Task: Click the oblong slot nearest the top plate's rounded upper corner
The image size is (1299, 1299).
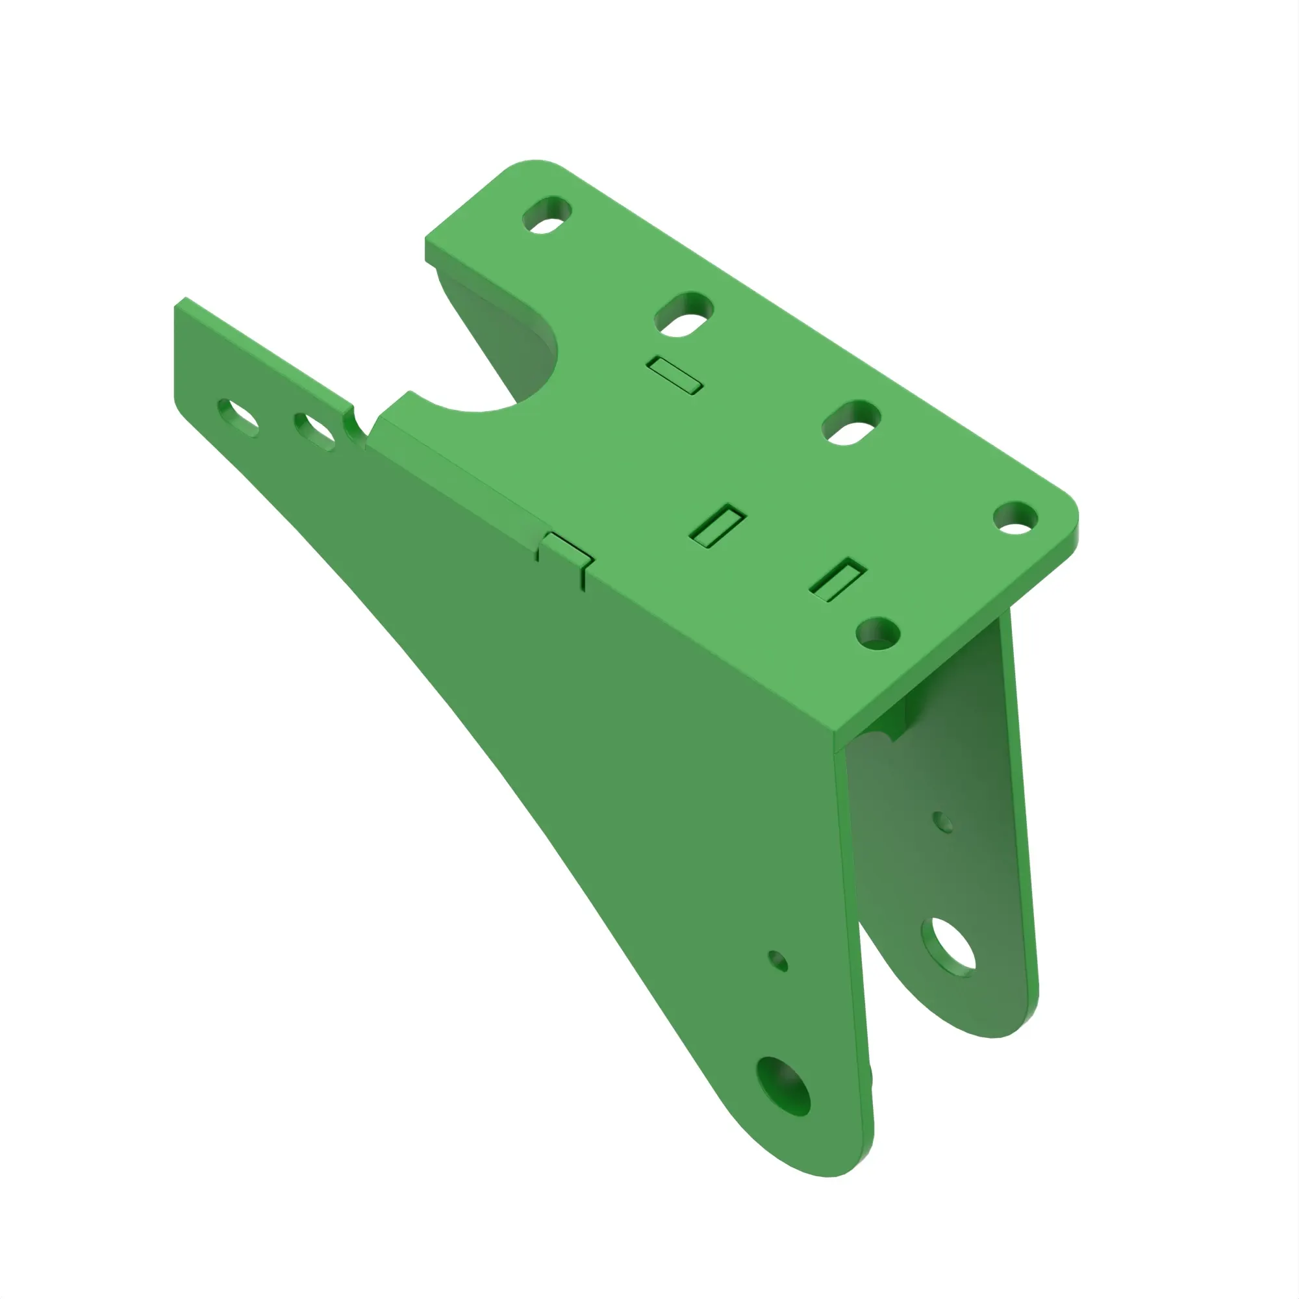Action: tap(548, 215)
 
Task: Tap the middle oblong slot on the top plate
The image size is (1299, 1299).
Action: tap(683, 314)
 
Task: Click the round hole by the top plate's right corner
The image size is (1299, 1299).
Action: tap(1015, 518)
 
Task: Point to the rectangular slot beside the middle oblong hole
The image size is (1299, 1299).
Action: tap(675, 375)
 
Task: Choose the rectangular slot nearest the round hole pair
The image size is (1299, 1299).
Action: tap(837, 579)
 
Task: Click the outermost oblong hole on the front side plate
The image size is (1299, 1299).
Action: tap(238, 417)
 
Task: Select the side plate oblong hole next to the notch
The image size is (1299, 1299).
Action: tap(314, 431)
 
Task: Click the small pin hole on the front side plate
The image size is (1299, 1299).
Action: tap(778, 961)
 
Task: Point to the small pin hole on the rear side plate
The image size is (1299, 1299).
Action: tap(943, 822)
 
